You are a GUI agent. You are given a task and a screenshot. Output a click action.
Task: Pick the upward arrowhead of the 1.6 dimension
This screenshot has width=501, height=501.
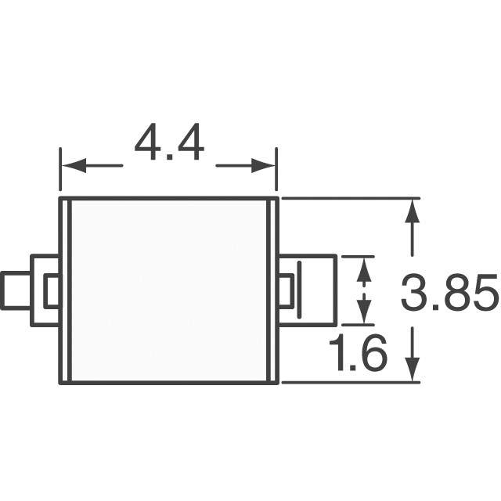[x=364, y=265]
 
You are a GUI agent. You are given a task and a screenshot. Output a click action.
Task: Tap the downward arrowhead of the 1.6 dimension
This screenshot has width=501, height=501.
[x=364, y=313]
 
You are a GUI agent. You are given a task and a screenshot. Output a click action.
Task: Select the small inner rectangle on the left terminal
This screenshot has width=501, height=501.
[x=52, y=291]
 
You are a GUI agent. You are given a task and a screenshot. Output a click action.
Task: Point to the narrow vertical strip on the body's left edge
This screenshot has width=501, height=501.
[x=66, y=291]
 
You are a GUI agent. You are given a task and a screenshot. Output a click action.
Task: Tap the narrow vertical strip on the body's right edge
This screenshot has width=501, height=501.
[x=274, y=291]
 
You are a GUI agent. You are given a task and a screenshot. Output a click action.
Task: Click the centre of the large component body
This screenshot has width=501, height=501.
[x=170, y=291]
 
